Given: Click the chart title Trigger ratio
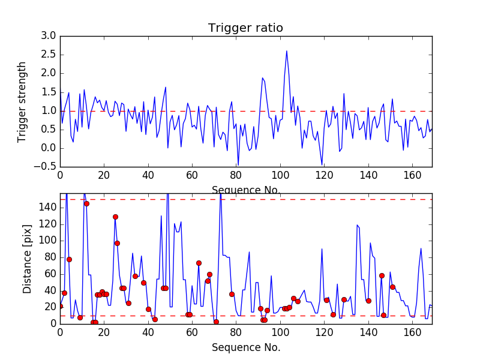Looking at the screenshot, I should [245, 28].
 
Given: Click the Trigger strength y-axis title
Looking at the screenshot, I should [22, 101].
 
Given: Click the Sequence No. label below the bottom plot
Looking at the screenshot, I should [245, 347].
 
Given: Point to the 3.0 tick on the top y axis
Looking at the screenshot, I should [49, 36].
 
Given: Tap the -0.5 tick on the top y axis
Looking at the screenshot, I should [47, 166].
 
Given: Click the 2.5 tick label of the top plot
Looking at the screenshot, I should [49, 55].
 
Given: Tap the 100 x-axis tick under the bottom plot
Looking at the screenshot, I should [280, 331].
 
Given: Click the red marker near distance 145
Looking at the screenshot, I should [86, 203].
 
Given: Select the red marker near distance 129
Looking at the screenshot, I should [115, 217].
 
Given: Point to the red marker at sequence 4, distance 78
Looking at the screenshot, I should [69, 259].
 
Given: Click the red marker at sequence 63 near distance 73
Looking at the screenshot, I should [199, 263].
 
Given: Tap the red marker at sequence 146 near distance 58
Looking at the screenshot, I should [382, 275].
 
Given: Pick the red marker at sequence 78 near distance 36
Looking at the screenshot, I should [232, 294].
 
